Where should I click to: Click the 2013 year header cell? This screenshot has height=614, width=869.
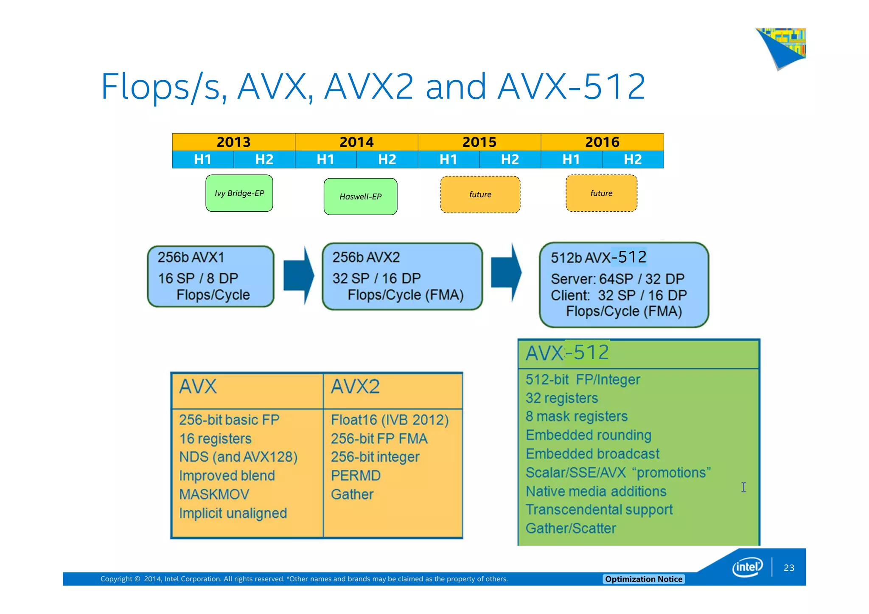pyautogui.click(x=233, y=142)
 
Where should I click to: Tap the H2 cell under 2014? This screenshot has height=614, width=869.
pyautogui.click(x=387, y=160)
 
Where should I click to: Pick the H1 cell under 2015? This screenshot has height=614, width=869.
pyautogui.click(x=448, y=160)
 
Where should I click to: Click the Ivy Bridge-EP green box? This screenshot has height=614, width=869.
pyautogui.click(x=239, y=193)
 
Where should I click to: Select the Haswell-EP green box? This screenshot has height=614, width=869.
pyautogui.click(x=360, y=196)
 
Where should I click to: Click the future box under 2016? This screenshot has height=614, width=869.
pyautogui.click(x=601, y=193)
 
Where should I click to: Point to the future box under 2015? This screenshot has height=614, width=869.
pyautogui.click(x=480, y=195)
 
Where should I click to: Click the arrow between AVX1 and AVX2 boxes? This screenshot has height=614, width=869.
pyautogui.click(x=298, y=275)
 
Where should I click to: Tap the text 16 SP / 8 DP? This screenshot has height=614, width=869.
pyautogui.click(x=198, y=278)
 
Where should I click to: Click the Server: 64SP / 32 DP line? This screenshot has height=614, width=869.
pyautogui.click(x=617, y=279)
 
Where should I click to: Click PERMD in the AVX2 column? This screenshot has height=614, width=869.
pyautogui.click(x=356, y=476)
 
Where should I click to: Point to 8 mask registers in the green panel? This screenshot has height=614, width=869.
pyautogui.click(x=576, y=417)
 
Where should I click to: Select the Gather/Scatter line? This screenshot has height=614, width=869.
pyautogui.click(x=570, y=529)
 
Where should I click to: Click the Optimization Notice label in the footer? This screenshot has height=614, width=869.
pyautogui.click(x=643, y=579)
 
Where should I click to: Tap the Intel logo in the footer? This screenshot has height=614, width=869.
pyautogui.click(x=747, y=567)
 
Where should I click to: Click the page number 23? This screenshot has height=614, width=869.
pyautogui.click(x=789, y=568)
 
